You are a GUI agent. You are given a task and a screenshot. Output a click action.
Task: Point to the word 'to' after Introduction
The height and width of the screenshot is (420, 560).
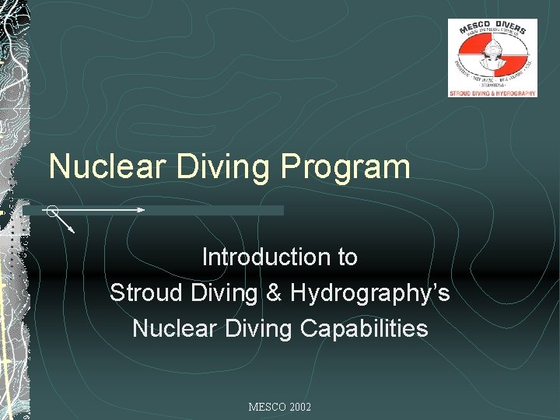click(347, 257)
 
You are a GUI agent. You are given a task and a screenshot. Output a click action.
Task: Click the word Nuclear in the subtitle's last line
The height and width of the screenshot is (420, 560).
click(173, 328)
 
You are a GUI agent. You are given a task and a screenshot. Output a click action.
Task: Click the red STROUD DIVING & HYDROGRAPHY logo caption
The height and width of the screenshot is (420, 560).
click(492, 93)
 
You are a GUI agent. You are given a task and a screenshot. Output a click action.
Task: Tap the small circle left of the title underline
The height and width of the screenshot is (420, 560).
click(51, 210)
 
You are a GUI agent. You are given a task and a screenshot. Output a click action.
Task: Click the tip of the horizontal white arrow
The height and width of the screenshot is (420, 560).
click(143, 210)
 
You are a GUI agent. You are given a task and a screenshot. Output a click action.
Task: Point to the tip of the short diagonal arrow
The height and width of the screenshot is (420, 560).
click(74, 232)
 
